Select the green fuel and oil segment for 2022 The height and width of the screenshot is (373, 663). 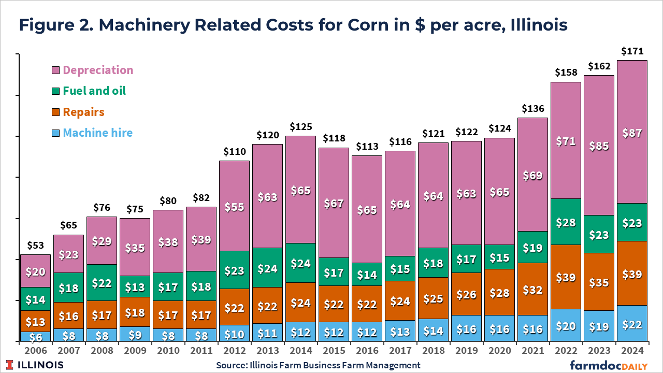pos(566,222)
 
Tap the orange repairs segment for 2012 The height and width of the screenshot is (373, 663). pos(234,307)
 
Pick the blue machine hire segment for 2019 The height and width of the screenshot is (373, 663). pos(466,328)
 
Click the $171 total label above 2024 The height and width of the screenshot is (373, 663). pos(632,51)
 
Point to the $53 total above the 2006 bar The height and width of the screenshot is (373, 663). pos(35,246)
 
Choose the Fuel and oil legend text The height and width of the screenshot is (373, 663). pos(94,91)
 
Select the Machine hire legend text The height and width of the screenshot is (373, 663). pos(97,133)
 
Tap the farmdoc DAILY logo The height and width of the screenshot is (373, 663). pos(609,365)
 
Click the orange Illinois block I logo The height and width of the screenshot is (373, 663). pos(10,365)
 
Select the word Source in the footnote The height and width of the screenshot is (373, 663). pos(233,365)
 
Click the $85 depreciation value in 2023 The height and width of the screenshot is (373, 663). pos(599,146)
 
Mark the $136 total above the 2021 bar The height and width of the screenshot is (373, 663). pos(532,109)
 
